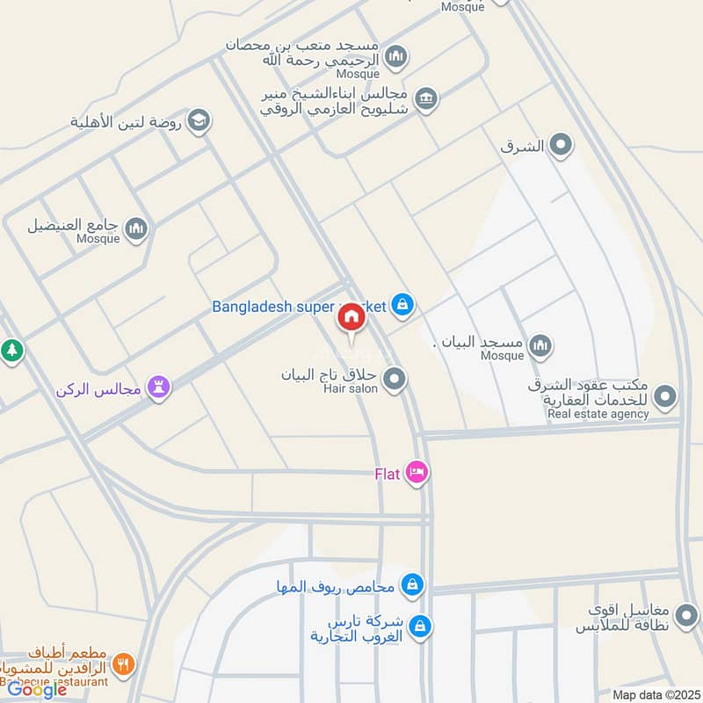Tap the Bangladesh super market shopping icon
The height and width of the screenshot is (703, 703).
tap(402, 305)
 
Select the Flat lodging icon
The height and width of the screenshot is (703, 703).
tap(417, 473)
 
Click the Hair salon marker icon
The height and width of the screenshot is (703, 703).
tap(395, 379)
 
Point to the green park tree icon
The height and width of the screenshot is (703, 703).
tap(11, 351)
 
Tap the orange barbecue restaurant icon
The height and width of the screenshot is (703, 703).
tap(123, 664)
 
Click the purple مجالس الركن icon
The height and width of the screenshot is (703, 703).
tap(159, 386)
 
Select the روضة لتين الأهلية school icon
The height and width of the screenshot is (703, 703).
tap(199, 121)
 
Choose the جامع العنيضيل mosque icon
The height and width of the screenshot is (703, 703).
tap(136, 229)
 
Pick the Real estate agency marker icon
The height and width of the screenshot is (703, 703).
tap(665, 396)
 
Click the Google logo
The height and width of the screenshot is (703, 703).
tap(37, 690)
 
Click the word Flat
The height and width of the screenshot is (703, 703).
tap(388, 474)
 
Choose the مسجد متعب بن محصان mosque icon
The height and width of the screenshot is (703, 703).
tap(396, 57)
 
